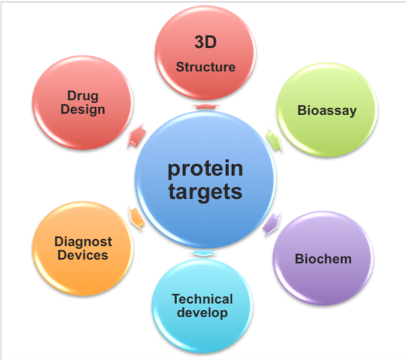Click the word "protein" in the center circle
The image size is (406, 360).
205,169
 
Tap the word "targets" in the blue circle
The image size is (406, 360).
205,192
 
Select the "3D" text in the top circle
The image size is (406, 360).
206,42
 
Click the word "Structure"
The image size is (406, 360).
206,67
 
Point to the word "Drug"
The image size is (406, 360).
83,96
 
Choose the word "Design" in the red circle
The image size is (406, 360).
83,110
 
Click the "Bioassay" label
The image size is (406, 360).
327,111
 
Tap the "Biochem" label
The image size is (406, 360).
323,259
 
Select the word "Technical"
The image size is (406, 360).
202,299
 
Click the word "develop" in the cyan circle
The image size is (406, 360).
202,312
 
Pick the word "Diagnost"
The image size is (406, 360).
83,242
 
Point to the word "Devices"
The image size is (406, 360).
83,255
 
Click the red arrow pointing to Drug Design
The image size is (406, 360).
137,135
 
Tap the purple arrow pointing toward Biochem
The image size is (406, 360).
272,224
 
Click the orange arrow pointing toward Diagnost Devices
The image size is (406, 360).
136,218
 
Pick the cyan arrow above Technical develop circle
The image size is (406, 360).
204,253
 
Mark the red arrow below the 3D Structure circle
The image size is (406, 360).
206,106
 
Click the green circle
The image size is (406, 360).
327,110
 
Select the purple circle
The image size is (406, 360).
323,258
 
